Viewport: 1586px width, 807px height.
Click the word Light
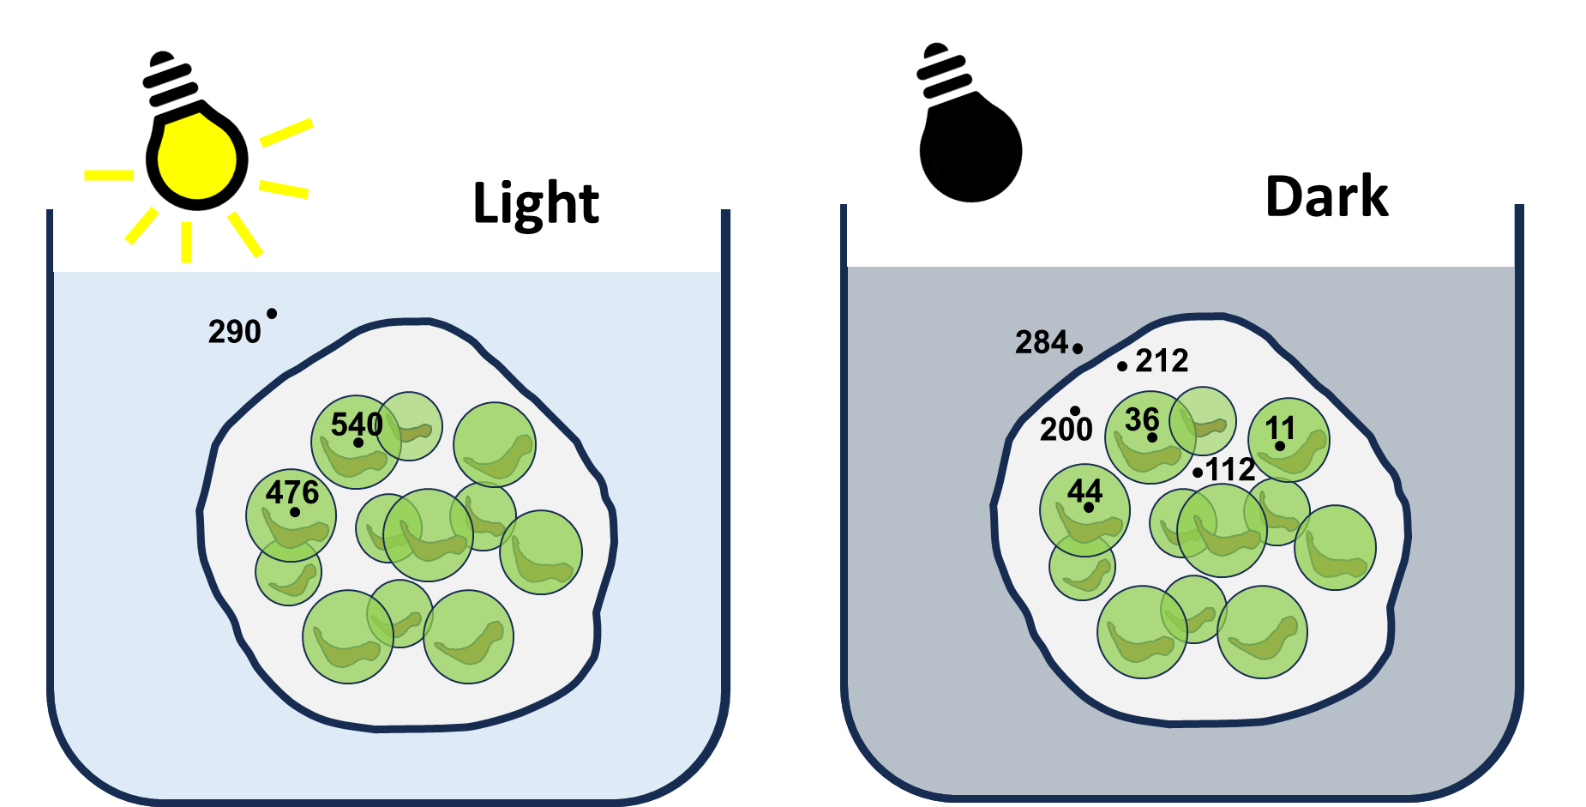pos(536,204)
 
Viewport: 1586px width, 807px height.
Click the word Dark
pos(1326,196)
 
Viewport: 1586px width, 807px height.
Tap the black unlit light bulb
pos(969,124)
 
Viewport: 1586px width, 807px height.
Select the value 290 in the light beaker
pos(234,332)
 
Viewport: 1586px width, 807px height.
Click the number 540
pos(357,424)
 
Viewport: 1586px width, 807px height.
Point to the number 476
pos(292,492)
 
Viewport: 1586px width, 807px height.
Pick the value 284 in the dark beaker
pos(1042,342)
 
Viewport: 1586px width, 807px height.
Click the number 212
pos(1162,360)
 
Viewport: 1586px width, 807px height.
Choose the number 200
pos(1066,429)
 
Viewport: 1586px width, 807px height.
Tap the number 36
pos(1142,419)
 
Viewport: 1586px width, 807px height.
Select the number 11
pos(1280,428)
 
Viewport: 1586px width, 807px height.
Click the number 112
pos(1231,470)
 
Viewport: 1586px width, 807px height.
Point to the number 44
pos(1084,491)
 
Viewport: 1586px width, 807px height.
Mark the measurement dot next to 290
pos(272,314)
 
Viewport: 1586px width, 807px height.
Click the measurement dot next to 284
pos(1078,348)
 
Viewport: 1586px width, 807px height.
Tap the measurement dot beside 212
pos(1122,366)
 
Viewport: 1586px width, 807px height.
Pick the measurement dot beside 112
pos(1198,473)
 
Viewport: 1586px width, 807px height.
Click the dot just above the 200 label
pos(1075,411)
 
